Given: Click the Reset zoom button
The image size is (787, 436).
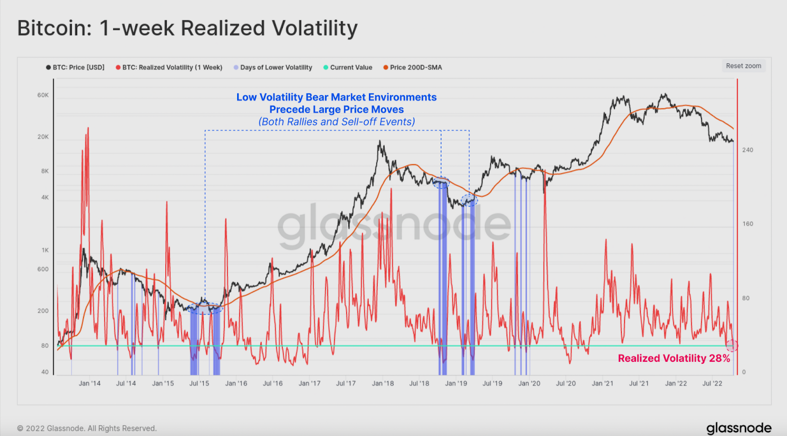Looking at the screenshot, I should (743, 66).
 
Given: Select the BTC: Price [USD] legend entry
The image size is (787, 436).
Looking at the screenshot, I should (76, 67).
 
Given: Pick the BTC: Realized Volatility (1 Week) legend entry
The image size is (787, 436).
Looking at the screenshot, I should (169, 67).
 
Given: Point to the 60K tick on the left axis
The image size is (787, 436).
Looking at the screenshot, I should (43, 95).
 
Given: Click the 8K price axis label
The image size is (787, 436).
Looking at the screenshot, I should (45, 171).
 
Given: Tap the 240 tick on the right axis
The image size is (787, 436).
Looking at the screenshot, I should (748, 150).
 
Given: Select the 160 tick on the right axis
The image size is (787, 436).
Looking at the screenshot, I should (748, 224).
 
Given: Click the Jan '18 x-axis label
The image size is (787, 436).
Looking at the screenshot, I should (383, 383).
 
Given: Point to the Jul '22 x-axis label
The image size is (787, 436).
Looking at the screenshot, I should (712, 383).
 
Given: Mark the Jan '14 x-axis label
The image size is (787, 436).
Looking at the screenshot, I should (90, 383).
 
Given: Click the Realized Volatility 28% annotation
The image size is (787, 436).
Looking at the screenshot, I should (674, 358).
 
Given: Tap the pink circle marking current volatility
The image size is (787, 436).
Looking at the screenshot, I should (732, 346).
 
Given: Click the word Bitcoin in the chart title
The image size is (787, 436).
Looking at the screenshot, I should (54, 28).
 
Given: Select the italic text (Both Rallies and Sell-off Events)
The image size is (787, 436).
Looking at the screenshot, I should (337, 121).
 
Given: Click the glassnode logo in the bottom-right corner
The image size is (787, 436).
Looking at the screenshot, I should (739, 428).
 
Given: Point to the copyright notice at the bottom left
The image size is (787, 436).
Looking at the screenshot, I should (87, 428).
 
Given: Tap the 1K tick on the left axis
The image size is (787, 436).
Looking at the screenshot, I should (45, 250).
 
